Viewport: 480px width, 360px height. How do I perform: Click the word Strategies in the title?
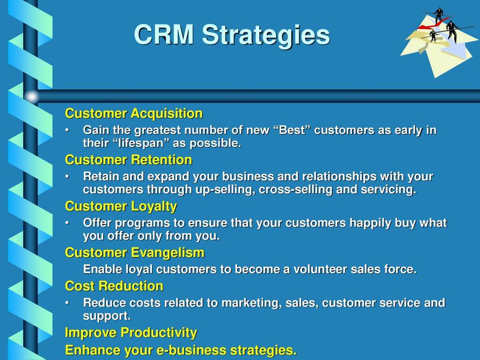click(266, 35)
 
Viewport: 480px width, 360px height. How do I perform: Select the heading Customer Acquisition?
click(134, 113)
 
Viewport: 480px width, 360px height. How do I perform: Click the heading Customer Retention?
click(128, 160)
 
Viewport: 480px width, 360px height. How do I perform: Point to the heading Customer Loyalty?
click(121, 207)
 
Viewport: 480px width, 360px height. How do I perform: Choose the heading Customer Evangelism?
click(135, 253)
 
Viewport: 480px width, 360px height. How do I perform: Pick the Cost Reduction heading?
click(114, 286)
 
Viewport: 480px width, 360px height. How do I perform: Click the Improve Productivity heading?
click(131, 333)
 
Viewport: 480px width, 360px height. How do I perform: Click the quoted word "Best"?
click(291, 130)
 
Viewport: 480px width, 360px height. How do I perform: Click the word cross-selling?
click(295, 190)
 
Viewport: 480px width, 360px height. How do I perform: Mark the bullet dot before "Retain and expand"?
click(67, 177)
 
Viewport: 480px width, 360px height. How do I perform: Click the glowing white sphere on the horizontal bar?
click(31, 97)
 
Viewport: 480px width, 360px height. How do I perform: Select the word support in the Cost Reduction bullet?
click(106, 316)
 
